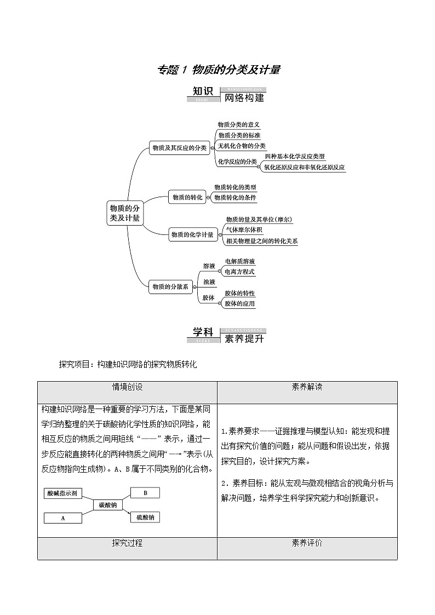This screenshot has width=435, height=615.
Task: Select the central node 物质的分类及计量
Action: (125, 212)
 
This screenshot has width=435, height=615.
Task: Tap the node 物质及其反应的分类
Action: (180, 147)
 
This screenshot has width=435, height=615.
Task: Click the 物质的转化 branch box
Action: (187, 197)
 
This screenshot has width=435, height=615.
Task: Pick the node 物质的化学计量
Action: (192, 234)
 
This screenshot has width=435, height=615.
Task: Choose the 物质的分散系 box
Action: (170, 286)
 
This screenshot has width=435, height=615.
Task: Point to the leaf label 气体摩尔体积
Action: (244, 230)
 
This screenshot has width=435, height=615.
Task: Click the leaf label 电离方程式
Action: (239, 272)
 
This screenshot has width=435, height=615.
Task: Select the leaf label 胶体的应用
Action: (239, 303)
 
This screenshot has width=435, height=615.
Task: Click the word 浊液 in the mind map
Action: (209, 281)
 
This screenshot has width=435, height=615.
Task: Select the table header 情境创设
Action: (127, 387)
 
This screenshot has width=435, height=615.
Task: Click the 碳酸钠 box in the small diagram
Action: (107, 505)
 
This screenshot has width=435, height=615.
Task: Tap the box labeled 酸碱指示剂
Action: (63, 493)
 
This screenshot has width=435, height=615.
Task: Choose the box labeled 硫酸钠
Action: (145, 517)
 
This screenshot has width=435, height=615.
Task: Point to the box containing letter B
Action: (145, 493)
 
